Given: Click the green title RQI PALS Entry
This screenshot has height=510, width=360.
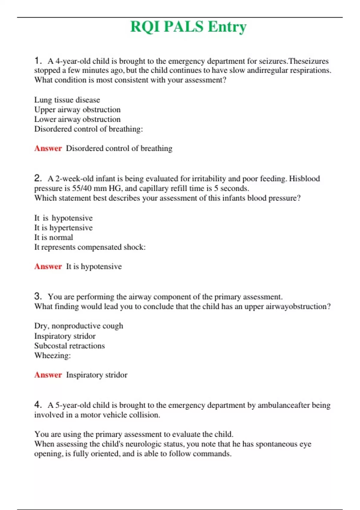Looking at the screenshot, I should [x=188, y=27].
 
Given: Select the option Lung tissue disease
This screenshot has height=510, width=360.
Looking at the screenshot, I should [x=67, y=100].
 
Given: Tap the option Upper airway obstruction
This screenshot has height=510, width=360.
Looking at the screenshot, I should [x=77, y=109].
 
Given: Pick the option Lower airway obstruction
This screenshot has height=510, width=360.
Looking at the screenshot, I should [x=77, y=119].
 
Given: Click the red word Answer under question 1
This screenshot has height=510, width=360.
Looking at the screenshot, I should [x=48, y=148].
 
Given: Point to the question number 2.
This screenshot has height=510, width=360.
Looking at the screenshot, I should [x=37, y=178].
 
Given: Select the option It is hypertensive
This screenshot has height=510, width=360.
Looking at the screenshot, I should [x=63, y=228].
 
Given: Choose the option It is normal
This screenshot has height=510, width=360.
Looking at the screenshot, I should [x=53, y=237].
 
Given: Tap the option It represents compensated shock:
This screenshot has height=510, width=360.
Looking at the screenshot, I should [x=90, y=247].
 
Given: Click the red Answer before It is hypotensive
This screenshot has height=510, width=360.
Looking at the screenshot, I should [x=48, y=266].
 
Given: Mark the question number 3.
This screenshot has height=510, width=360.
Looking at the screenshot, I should [x=37, y=296].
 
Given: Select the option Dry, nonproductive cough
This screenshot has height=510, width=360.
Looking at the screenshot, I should [x=79, y=326].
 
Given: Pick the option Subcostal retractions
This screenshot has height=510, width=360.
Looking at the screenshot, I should [x=69, y=346].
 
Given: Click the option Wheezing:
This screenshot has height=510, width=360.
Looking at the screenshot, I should [x=52, y=355].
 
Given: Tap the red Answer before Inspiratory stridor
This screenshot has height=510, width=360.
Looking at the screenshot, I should [x=48, y=375].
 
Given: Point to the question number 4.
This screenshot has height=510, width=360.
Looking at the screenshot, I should [x=37, y=405].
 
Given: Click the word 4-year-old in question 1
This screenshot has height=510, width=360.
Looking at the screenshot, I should [x=73, y=61].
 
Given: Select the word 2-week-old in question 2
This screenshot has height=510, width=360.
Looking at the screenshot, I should [x=74, y=179].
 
